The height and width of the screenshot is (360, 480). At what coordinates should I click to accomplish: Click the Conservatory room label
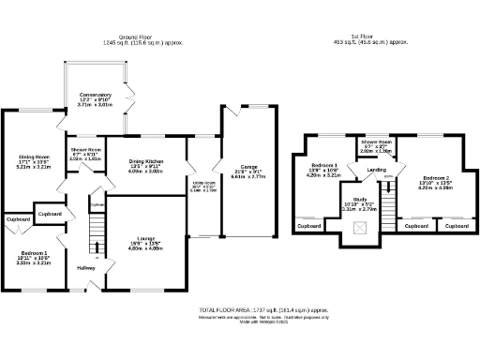click(x=96, y=95)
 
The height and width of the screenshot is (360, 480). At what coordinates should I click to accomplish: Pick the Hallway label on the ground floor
click(x=87, y=269)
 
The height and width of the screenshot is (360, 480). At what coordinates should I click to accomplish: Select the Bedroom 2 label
click(x=437, y=177)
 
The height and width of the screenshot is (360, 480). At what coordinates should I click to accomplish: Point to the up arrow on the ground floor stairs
click(x=97, y=249)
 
